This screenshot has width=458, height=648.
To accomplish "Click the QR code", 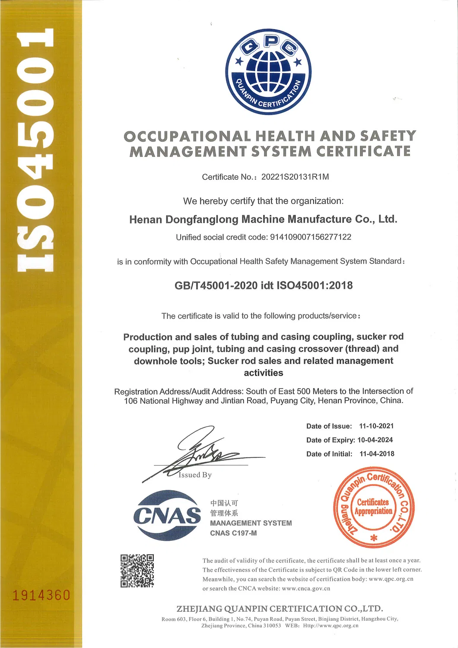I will point(137,571).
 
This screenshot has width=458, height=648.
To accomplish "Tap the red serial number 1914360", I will point(41,595).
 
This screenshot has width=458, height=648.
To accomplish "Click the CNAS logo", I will point(167,515).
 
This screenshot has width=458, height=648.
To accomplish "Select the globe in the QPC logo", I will point(268,70).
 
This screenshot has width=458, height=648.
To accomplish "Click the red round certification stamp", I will point(374,507).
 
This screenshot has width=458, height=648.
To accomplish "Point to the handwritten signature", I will point(203,452).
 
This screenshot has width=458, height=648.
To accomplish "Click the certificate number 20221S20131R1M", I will point(295,177).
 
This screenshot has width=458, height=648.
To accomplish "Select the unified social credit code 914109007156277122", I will point(310,237).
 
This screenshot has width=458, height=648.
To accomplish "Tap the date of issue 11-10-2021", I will point(376,426).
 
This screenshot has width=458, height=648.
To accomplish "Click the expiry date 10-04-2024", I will point(375,440).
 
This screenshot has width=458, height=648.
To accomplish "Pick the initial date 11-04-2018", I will point(377,453).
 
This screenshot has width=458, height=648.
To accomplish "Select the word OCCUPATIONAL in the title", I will point(187,137).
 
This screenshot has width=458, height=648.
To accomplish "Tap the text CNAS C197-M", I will point(233,533).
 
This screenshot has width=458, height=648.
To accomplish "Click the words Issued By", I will point(195,475).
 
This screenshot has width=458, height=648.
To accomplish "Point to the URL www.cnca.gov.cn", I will point(306,588).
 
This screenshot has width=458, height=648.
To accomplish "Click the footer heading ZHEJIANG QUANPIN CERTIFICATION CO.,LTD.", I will point(280,609).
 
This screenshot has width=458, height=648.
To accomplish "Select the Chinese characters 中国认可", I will point(224,503).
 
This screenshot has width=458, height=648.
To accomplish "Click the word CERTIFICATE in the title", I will point(363,152).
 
